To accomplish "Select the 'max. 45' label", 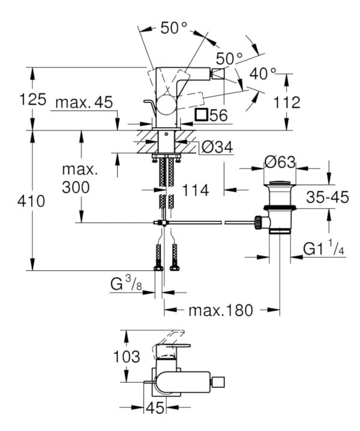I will click(84, 103).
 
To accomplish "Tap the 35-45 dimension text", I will click(327, 197).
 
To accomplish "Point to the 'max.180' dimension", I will click(221, 310).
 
